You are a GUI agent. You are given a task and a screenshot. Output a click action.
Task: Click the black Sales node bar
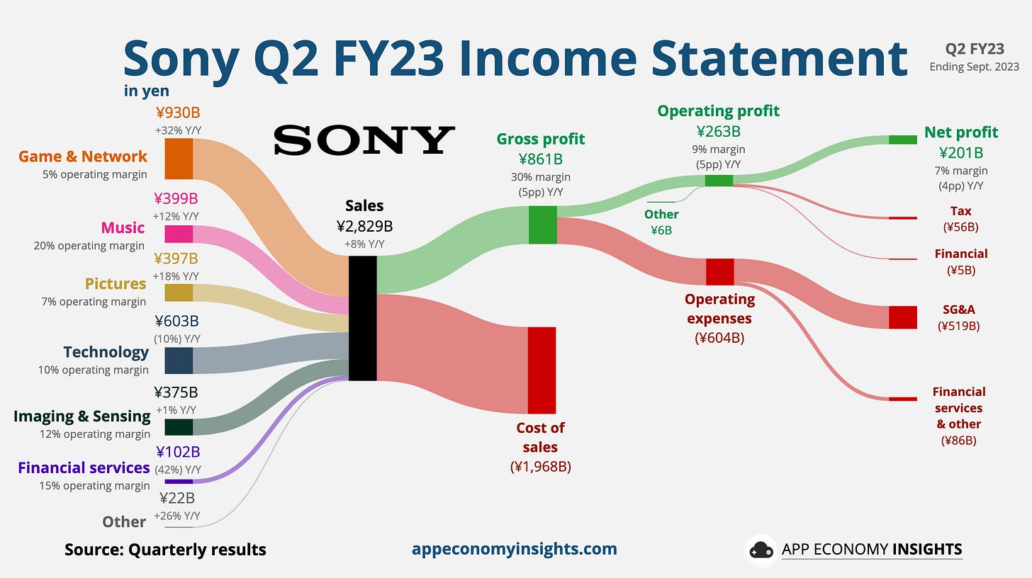pyautogui.click(x=362, y=318)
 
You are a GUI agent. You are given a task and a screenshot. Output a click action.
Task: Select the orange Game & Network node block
pyautogui.click(x=179, y=159)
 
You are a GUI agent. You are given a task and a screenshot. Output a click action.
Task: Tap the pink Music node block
pyautogui.click(x=179, y=234)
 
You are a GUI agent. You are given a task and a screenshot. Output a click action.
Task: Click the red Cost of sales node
pyautogui.click(x=542, y=370)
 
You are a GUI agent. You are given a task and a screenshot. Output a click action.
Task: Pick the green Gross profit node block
pyautogui.click(x=543, y=225)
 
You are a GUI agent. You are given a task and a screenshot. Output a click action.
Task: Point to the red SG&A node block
pyautogui.click(x=902, y=317)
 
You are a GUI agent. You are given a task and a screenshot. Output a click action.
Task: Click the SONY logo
pyautogui.click(x=364, y=140)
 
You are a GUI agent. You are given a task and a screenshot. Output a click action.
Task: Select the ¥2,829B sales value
pyautogui.click(x=364, y=227)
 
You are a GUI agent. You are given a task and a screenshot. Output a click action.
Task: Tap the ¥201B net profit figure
pyautogui.click(x=960, y=152)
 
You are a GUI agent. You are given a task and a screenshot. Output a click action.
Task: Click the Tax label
pyautogui.click(x=960, y=211)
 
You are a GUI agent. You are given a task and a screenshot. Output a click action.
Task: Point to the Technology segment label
pyautogui.click(x=106, y=352)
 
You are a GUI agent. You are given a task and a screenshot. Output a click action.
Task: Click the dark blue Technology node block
pyautogui.click(x=179, y=360)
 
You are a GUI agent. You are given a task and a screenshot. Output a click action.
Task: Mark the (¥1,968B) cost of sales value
pyautogui.click(x=540, y=466)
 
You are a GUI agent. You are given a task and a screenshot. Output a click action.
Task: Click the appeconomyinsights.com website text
pyautogui.click(x=514, y=549)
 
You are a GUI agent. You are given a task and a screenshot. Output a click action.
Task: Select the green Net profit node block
pyautogui.click(x=902, y=140)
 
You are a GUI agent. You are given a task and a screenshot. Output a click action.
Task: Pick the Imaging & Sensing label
pyautogui.click(x=82, y=416)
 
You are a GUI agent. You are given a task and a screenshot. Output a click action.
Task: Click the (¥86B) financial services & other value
pyautogui.click(x=959, y=441)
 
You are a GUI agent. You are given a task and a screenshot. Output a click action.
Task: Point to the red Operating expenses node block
pyautogui.click(x=719, y=272)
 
